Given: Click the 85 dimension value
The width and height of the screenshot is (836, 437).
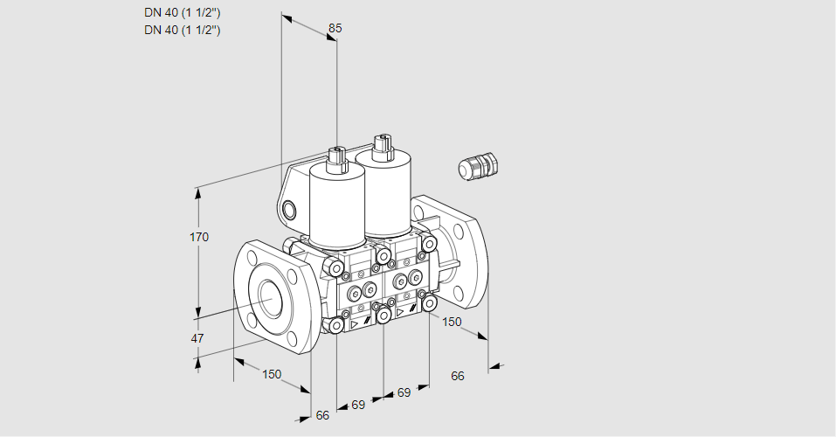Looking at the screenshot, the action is click(335, 28).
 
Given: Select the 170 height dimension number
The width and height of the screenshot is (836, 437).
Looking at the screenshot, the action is click(199, 237).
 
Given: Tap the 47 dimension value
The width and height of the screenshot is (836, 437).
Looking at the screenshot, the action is click(197, 338).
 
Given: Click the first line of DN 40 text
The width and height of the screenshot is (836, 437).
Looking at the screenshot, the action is click(183, 13).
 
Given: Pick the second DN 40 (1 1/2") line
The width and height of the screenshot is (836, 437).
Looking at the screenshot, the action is click(183, 30).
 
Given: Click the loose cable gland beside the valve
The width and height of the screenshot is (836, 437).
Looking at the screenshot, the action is click(478, 166).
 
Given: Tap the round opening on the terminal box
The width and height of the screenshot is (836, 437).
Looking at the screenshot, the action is click(289, 210).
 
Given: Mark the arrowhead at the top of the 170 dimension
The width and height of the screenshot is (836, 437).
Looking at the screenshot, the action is click(199, 192).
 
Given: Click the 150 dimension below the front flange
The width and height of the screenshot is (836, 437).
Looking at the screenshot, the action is click(272, 374).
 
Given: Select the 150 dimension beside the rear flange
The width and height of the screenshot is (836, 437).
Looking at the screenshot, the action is click(453, 322).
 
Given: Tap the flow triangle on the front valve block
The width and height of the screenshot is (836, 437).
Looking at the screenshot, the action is click(354, 324).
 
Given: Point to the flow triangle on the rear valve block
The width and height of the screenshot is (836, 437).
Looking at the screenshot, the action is click(400, 312).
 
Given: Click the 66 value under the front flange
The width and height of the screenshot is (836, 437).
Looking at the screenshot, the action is click(322, 415).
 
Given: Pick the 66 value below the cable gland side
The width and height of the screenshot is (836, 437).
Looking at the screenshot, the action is click(458, 376).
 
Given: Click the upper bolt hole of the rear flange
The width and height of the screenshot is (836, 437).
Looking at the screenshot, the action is click(459, 231).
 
